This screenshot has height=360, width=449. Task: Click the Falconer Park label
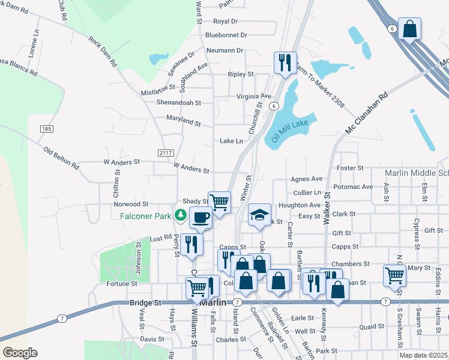pyautogui.click(x=146, y=215)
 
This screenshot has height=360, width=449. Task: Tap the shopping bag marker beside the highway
pyautogui.click(x=409, y=28)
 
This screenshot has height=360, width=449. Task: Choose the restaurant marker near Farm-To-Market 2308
pyautogui.click(x=284, y=62)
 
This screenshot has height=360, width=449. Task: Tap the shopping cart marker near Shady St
pyautogui.click(x=220, y=202)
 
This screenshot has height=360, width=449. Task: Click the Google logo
pyautogui.click(x=20, y=353)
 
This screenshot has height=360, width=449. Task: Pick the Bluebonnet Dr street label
pyautogui.click(x=226, y=35)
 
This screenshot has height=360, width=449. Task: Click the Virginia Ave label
pyautogui.click(x=254, y=96)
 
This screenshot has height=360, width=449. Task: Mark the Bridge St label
pyautogui.click(x=146, y=304)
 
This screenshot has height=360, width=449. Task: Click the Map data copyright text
pyautogui.click(x=424, y=355)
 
